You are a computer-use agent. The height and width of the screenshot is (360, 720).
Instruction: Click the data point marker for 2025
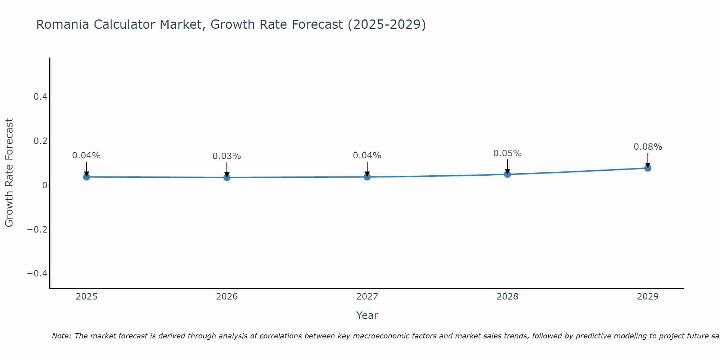pos(86,177)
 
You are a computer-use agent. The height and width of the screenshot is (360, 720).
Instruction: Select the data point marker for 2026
pos(227,177)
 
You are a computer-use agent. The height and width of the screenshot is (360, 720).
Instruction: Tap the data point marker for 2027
pos(367,177)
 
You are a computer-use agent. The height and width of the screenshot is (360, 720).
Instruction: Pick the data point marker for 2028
pos(507,174)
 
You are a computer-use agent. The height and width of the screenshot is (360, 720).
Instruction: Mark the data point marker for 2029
pos(648,168)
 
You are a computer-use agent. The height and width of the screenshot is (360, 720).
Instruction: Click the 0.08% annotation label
pos(648,147)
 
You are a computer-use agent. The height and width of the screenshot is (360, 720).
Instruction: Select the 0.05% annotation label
pos(507,153)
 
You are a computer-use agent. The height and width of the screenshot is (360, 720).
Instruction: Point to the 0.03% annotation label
pos(227,156)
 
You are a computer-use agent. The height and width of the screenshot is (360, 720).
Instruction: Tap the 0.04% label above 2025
pos(86,156)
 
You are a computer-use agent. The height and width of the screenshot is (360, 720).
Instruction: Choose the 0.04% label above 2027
pos(367,156)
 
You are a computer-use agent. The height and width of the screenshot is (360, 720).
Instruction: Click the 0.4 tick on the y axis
pos(40,97)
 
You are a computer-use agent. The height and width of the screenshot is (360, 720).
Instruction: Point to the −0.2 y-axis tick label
pos(37,229)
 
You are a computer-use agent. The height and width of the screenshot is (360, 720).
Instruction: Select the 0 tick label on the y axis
pos(45,185)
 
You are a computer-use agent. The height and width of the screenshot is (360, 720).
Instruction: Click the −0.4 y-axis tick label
pos(37,274)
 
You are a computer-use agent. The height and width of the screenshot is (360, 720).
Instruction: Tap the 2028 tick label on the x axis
pos(507,297)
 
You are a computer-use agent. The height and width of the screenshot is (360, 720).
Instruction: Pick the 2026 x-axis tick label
pos(227,297)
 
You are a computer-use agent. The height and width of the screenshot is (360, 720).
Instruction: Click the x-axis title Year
pos(367,316)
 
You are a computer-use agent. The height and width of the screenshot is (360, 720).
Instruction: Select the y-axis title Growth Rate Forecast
pos(9,173)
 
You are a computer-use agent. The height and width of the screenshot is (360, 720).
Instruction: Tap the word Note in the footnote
pos(62,336)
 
